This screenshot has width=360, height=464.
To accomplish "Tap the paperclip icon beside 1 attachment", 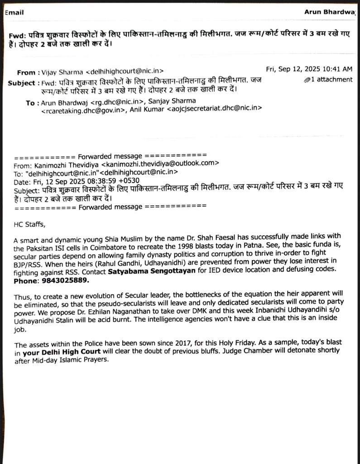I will click(308, 80).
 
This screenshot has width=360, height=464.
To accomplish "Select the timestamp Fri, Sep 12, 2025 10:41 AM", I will click(309, 69).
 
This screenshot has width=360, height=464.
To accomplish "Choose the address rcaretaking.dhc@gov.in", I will click(85, 110).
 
